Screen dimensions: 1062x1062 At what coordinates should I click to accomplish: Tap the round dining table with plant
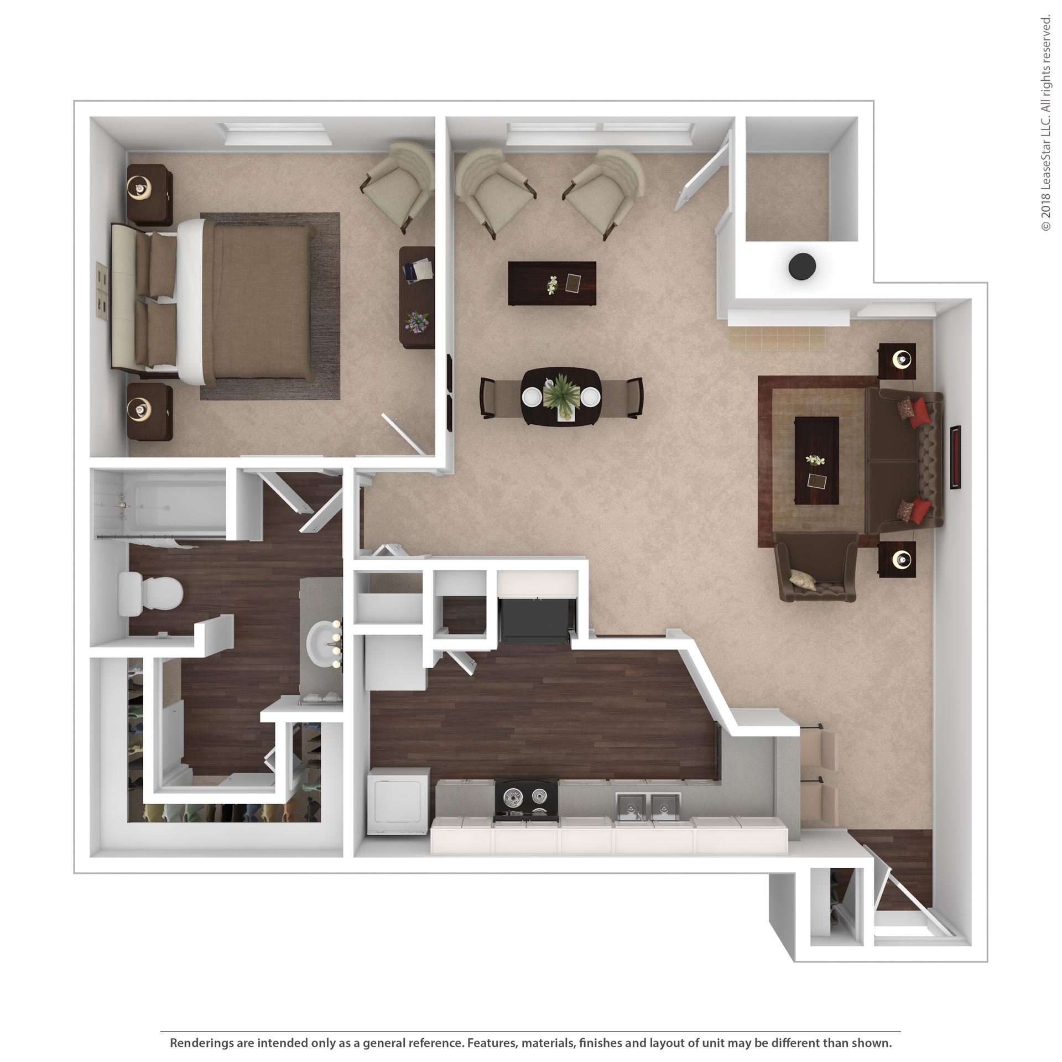pos(561,397)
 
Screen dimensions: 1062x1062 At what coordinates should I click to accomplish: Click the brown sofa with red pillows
pos(903,461)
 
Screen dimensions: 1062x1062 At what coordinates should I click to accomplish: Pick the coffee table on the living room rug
pos(817,461)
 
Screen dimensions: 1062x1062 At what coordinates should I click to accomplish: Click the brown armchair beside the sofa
pos(816,566)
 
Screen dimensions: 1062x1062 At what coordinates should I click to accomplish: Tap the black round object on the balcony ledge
pos(801,267)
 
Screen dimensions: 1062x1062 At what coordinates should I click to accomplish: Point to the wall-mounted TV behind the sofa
pos(955,457)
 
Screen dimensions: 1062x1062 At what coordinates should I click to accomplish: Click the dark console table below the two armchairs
pos(552,283)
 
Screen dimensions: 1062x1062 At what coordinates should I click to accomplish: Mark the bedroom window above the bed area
pos(278,134)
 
